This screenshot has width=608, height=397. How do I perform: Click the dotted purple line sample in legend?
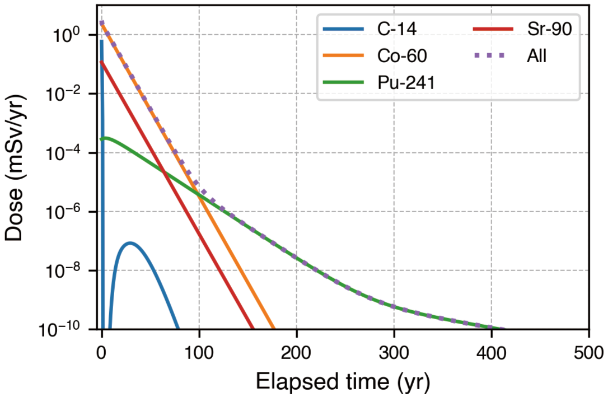coord(489,56)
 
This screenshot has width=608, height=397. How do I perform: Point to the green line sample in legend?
coord(343,82)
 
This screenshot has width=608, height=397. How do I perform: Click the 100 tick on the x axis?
coord(199,352)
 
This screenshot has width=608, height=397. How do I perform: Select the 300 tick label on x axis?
coord(394,352)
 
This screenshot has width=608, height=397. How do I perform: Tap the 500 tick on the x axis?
coord(589,352)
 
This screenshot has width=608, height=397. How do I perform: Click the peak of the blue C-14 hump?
coord(130,243)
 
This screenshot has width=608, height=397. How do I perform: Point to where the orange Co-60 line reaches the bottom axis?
coord(274,329)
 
